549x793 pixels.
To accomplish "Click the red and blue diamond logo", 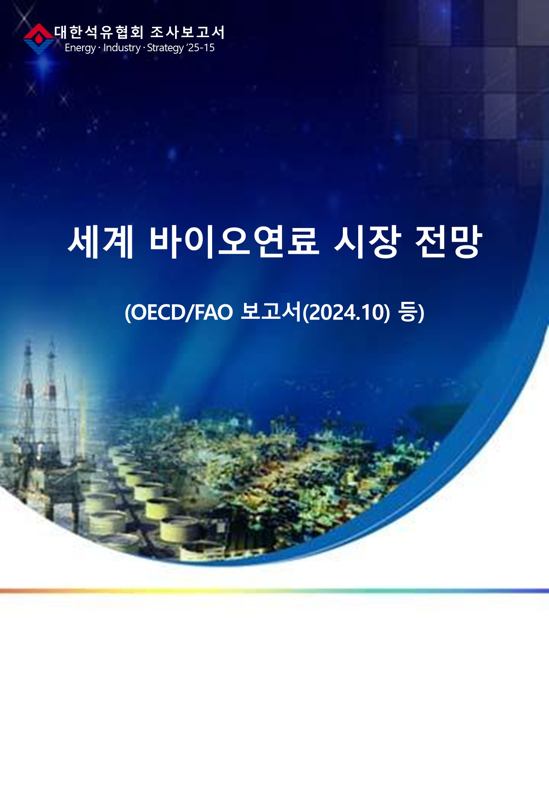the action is point(39,39).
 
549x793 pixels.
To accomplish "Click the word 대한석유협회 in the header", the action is point(99,32).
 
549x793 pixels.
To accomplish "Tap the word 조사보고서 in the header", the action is point(187,32).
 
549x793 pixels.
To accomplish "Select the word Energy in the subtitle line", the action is point(80,48).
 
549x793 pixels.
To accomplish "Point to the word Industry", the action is point(122,48).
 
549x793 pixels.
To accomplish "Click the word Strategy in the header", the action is point(165,48).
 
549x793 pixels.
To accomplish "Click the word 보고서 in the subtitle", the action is point(271,312).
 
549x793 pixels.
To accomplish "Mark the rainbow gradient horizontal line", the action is point(274,591).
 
